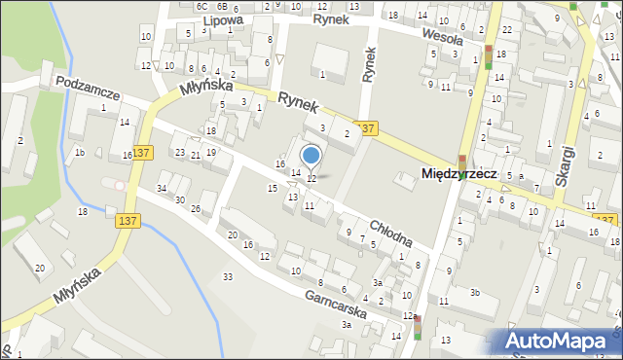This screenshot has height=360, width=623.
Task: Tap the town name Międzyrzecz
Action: [x=458, y=173]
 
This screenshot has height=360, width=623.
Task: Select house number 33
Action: [x=228, y=277]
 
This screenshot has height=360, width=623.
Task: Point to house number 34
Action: [x=163, y=188]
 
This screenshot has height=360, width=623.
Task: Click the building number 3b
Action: [x=475, y=292]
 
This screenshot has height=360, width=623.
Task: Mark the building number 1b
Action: [x=81, y=153]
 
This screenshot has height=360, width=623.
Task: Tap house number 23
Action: [x=179, y=153]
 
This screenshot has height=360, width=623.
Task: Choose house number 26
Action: [x=196, y=209]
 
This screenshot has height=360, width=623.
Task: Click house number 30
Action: [x=180, y=199]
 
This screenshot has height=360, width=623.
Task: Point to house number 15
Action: [x=273, y=188]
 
